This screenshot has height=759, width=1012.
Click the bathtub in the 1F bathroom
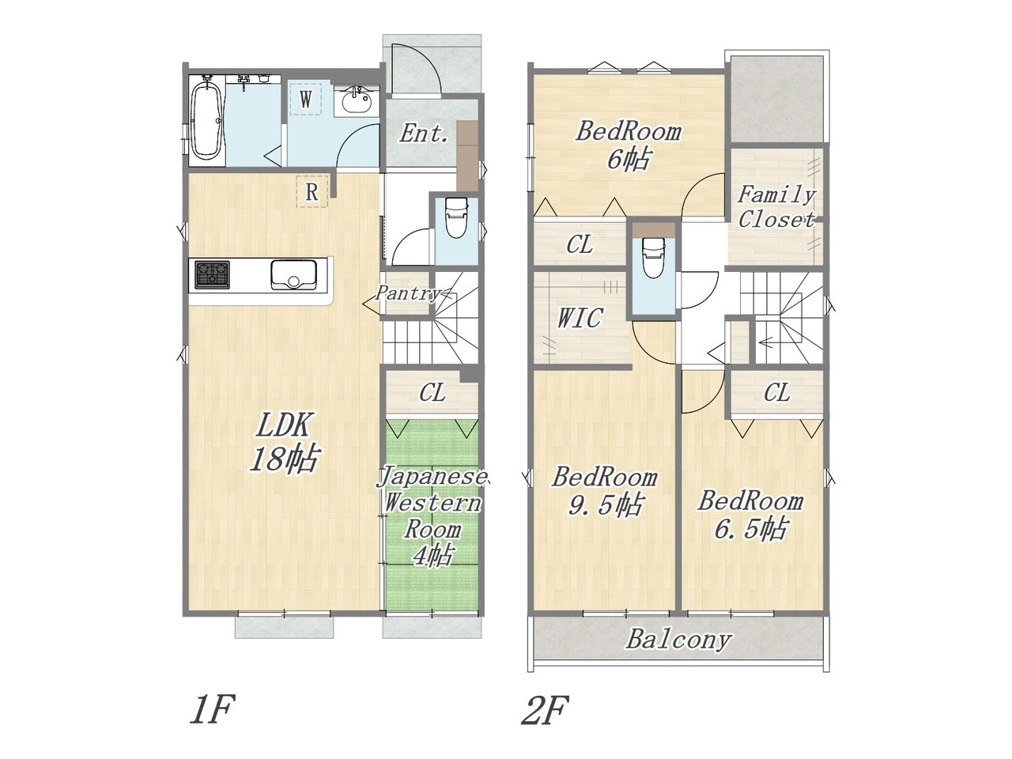tap(207, 121)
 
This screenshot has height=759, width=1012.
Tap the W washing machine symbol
tap(306, 99)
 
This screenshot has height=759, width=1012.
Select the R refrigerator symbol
tap(312, 191)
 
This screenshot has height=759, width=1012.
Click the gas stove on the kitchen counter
tap(212, 274)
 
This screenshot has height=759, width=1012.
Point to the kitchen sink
tap(293, 274)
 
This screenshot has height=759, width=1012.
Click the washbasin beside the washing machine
tap(357, 100)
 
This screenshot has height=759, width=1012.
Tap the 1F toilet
tap(456, 217)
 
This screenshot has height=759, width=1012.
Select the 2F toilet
tap(652, 257)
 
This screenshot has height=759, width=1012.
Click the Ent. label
tap(424, 134)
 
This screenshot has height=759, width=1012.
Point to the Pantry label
tap(407, 293)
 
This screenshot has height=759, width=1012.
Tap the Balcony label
tap(678, 640)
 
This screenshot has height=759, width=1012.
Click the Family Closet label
tap(776, 207)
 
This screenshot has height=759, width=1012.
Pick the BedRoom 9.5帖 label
tap(605, 492)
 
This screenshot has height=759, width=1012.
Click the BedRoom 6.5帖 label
tap(750, 515)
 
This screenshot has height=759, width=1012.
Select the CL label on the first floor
tap(432, 393)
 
